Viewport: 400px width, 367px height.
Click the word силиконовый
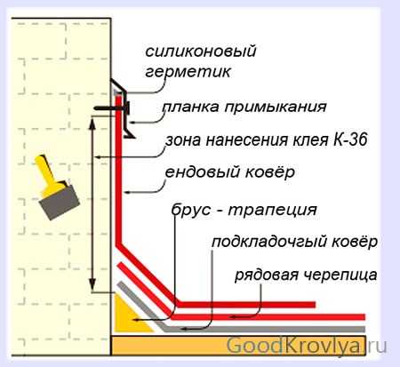[x=201, y=52]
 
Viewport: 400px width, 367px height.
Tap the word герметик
[x=188, y=71]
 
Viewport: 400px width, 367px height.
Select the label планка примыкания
[x=244, y=107]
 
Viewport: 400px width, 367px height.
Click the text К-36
[x=350, y=140]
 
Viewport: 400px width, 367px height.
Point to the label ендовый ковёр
[x=230, y=172]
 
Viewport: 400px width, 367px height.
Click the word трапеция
[x=273, y=211]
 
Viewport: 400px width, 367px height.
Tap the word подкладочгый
[x=268, y=243]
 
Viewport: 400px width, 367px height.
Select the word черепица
[x=340, y=275]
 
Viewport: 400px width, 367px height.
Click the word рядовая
[x=267, y=275]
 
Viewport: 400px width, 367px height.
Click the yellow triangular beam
[x=126, y=318]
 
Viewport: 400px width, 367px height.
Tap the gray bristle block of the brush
[x=60, y=202]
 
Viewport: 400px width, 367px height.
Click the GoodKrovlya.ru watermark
[x=307, y=346]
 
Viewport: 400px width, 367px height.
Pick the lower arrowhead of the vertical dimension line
[x=92, y=284]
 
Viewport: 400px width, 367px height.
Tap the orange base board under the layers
[x=238, y=345]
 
